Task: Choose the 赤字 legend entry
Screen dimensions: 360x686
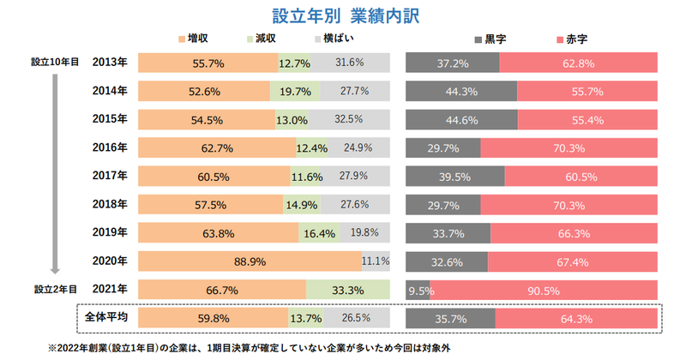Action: click(571, 39)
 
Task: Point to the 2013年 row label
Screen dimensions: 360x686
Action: click(110, 63)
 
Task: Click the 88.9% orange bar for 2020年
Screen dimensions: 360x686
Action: click(249, 261)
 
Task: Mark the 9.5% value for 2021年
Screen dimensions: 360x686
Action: click(418, 290)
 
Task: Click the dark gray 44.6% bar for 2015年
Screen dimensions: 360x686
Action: click(460, 119)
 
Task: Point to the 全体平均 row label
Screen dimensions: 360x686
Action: click(106, 317)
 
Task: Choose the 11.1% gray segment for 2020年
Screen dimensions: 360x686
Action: click(376, 261)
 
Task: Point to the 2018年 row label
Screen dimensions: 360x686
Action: click(110, 204)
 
